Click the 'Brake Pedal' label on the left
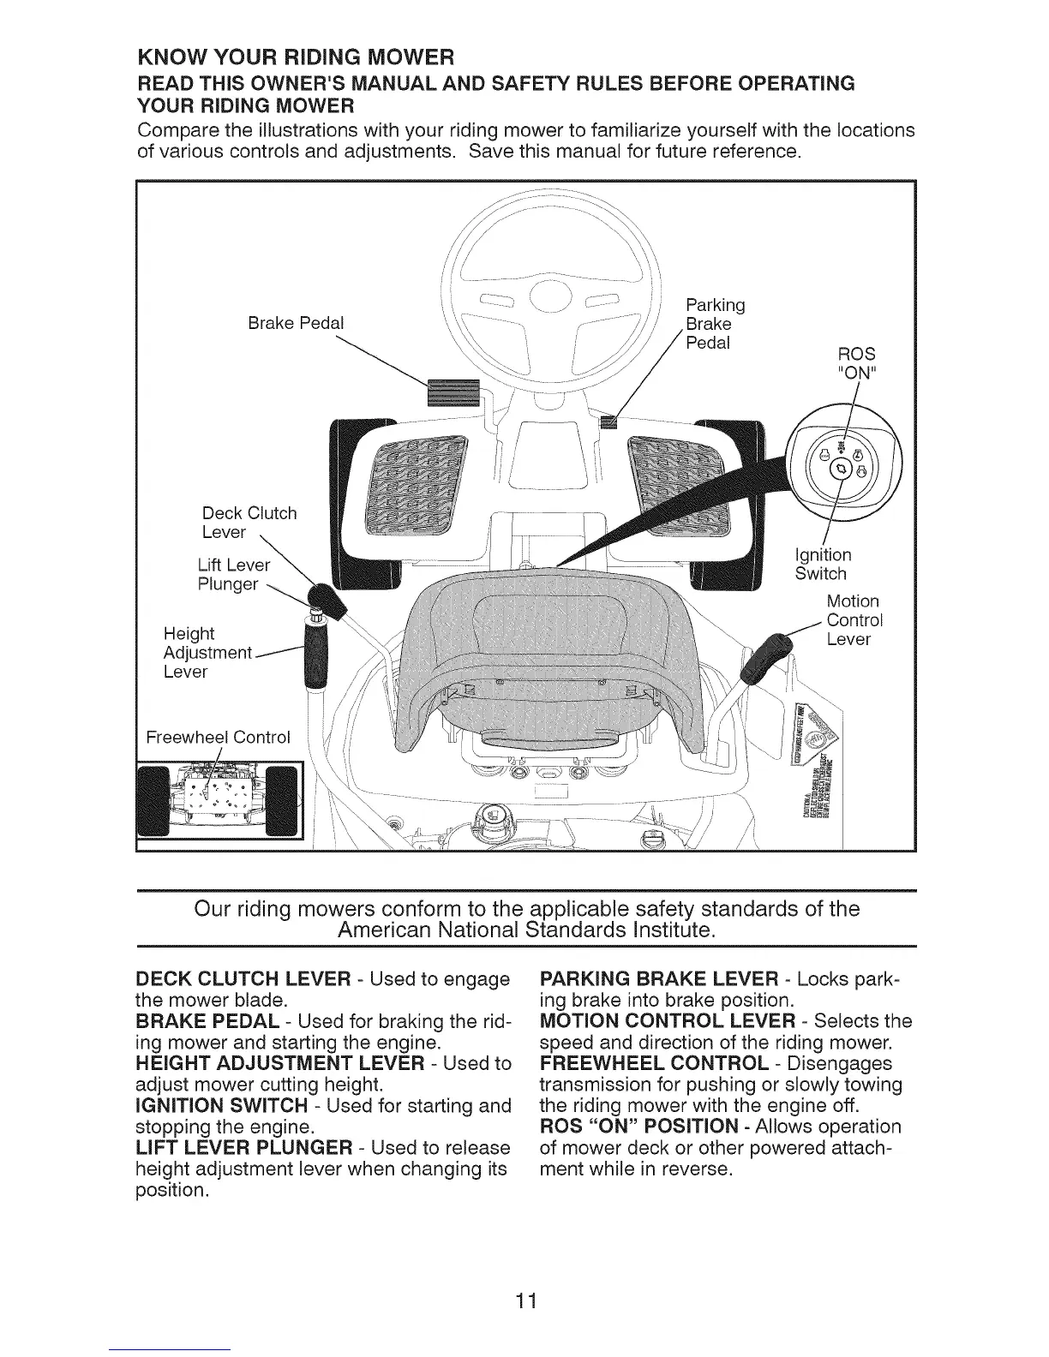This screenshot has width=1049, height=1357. click(295, 323)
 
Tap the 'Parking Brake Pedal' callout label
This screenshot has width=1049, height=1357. click(715, 324)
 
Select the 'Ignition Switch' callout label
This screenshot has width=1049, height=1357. click(823, 564)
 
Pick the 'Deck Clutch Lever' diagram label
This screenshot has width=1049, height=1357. click(249, 523)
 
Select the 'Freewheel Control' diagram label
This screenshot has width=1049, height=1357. click(219, 737)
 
